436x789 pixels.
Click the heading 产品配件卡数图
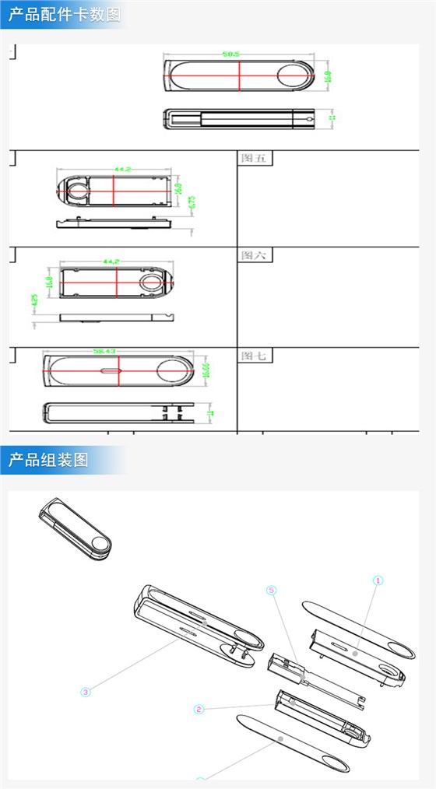pos(65,15)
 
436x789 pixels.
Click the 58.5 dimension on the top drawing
pos(230,54)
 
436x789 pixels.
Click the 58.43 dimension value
pos(104,352)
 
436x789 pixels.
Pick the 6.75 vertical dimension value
pos(192,202)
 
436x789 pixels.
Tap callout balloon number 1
pos(378,580)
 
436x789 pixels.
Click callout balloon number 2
pos(199,709)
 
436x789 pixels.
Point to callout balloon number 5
pos(271,591)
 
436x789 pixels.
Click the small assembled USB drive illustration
pos(75,529)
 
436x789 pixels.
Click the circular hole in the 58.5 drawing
pos(295,77)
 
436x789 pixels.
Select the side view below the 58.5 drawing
pos(239,118)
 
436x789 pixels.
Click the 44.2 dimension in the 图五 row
pos(122,168)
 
